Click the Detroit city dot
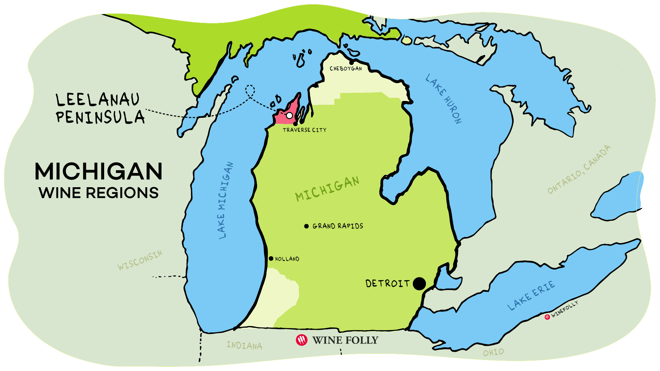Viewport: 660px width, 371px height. [419, 284]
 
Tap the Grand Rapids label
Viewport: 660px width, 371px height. [338, 226]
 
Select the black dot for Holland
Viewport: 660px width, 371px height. [271, 259]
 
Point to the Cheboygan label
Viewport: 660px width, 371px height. [346, 69]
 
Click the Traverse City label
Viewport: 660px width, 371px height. [305, 130]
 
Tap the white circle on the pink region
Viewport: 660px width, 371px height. [289, 115]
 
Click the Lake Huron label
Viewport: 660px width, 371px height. [443, 99]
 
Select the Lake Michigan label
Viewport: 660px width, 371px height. [225, 200]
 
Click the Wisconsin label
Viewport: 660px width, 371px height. [140, 260]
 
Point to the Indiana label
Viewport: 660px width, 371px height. [244, 345]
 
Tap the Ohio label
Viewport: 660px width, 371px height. [493, 352]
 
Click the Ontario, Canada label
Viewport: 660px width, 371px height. [579, 169]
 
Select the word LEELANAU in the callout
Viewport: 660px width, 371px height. [98, 100]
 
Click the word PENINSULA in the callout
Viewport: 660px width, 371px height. [100, 117]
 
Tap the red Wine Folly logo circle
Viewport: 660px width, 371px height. [301, 340]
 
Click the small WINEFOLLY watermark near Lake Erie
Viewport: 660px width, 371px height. [564, 309]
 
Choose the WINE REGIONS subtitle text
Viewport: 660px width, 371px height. [99, 193]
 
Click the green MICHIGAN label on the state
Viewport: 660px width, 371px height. [327, 189]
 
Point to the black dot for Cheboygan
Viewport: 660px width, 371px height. [351, 63]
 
